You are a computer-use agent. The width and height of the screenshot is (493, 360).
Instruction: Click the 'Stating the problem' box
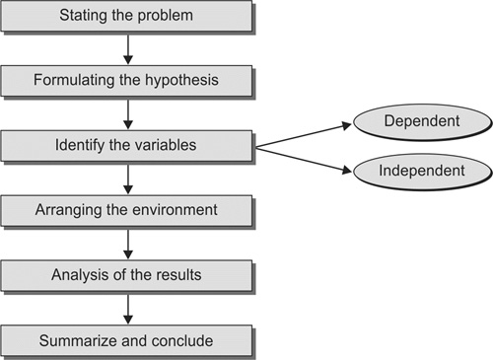[126, 17]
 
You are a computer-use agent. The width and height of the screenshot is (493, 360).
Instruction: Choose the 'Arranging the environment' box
[126, 211]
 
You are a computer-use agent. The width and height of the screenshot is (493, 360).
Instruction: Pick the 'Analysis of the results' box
[126, 276]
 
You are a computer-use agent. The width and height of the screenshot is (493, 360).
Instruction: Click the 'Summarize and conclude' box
[126, 341]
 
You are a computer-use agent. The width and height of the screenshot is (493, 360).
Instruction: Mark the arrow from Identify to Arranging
[127, 180]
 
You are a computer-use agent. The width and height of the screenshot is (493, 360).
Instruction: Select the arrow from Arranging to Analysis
[127, 244]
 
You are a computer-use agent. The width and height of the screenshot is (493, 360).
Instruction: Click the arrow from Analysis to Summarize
[127, 309]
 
